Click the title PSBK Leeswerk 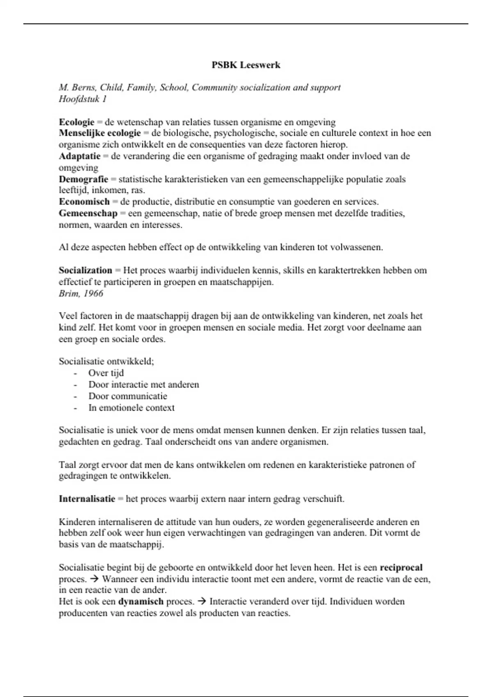(x=246, y=65)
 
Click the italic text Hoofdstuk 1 (x=82, y=99)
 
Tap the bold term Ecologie (x=77, y=122)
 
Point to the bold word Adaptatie (x=80, y=156)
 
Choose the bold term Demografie (x=83, y=179)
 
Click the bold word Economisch (x=84, y=202)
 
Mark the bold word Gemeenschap (x=88, y=213)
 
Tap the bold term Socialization (x=85, y=270)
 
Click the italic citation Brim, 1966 (x=81, y=294)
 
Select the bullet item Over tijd (x=106, y=373)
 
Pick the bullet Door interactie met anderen (x=143, y=385)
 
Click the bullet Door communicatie (x=128, y=396)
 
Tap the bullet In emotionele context (x=131, y=408)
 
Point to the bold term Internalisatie (x=87, y=499)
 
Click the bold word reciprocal (x=401, y=567)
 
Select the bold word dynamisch (x=141, y=601)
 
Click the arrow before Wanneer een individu (x=94, y=579)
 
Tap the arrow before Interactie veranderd (x=202, y=601)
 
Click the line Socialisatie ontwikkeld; (x=106, y=361)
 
